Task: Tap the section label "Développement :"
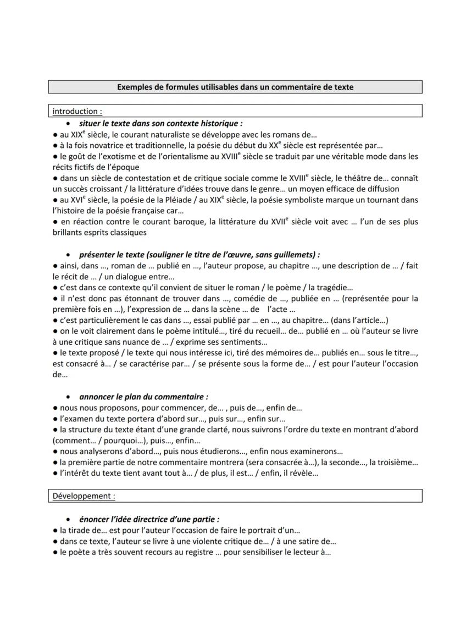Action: click(84, 496)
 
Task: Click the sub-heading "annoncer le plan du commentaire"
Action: click(143, 396)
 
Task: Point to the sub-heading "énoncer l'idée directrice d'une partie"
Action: click(149, 519)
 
